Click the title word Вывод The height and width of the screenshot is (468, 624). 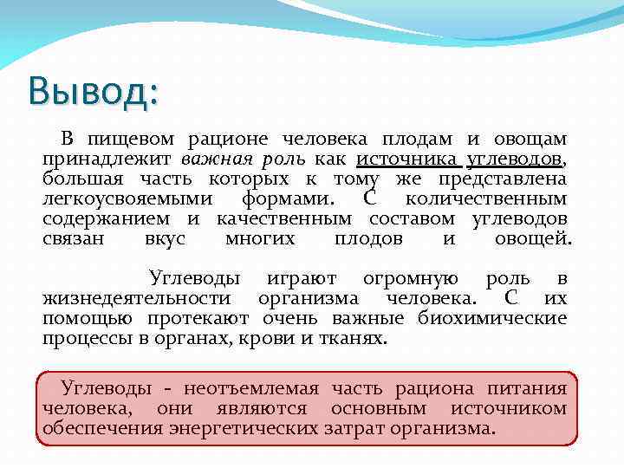click(92, 92)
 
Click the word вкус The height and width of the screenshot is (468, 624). click(165, 239)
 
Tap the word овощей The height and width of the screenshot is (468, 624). click(533, 239)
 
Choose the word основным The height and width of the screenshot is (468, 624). click(387, 409)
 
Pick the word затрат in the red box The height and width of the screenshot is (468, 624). click(354, 429)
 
